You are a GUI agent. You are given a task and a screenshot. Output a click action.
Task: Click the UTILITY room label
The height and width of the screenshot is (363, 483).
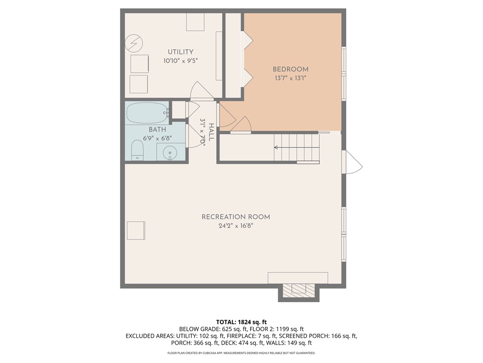click(x=180, y=52)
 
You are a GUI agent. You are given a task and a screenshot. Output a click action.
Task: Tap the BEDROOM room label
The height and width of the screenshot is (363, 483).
click(x=290, y=69)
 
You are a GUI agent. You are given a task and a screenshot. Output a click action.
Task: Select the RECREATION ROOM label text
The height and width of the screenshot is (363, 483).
click(x=235, y=217)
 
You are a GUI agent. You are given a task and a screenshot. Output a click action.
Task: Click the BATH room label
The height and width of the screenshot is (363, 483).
click(x=157, y=130)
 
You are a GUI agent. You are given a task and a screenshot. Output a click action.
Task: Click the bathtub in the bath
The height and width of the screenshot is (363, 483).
click(x=147, y=112)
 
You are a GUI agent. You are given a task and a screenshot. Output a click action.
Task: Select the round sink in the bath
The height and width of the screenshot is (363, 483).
click(x=169, y=152)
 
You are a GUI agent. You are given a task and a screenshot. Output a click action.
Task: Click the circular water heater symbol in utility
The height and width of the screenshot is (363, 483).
click(x=133, y=44)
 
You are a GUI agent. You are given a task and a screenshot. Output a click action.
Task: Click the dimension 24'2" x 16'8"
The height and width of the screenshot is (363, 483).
click(x=235, y=226)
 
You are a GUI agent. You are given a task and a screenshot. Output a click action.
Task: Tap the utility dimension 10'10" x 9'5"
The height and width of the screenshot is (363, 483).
click(x=180, y=60)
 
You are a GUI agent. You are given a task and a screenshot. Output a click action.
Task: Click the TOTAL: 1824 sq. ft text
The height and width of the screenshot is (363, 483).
click(x=241, y=321)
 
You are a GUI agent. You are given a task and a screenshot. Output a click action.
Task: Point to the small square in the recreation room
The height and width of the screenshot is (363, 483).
click(x=136, y=230)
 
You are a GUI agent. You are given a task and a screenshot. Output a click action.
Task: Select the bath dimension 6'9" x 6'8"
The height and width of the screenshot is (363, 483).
click(x=157, y=138)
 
